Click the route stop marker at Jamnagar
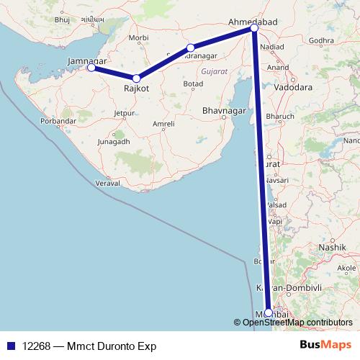[91, 68]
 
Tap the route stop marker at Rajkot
[136, 78]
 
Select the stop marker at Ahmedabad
[254, 27]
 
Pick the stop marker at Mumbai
[269, 312]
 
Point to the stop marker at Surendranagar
[191, 48]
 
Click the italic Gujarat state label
[214, 73]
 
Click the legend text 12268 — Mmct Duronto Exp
[89, 346]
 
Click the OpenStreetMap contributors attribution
[297, 323]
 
